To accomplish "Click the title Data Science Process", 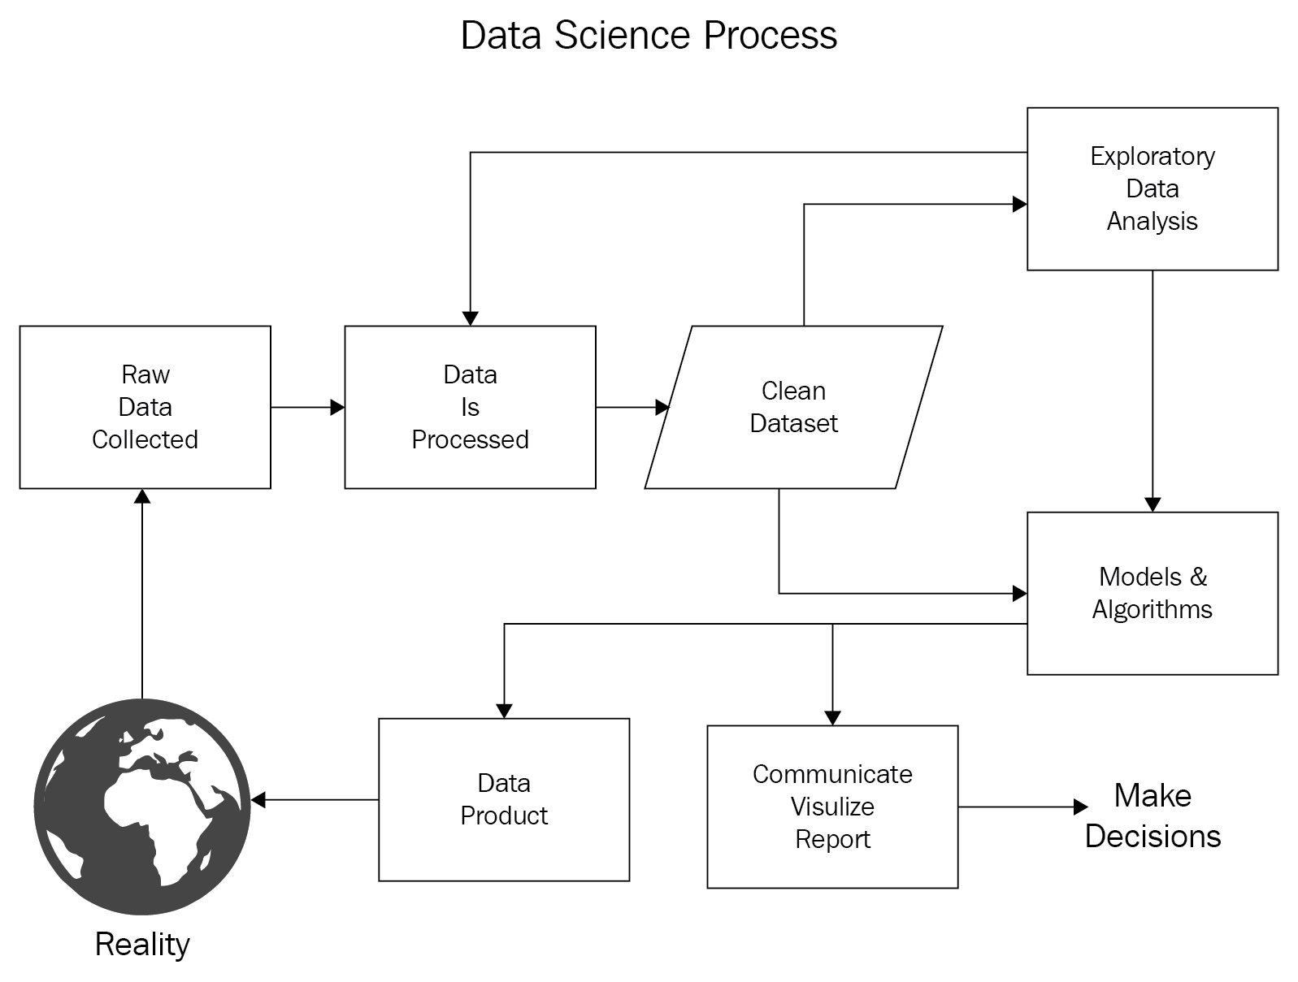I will pyautogui.click(x=649, y=36).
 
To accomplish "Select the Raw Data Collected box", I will pyautogui.click(x=145, y=407).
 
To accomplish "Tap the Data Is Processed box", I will pyautogui.click(x=470, y=407).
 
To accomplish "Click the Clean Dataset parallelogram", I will pyautogui.click(x=793, y=407).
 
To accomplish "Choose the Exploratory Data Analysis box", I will pyautogui.click(x=1152, y=188).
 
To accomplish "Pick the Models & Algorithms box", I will pyautogui.click(x=1152, y=593).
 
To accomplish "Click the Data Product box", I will pyautogui.click(x=504, y=799).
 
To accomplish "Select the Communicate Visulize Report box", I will pyautogui.click(x=832, y=807).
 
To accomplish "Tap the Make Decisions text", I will pyautogui.click(x=1153, y=815).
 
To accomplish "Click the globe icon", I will pyautogui.click(x=142, y=807).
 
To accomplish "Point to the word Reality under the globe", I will pyautogui.click(x=142, y=944).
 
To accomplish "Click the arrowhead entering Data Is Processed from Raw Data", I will pyautogui.click(x=337, y=407).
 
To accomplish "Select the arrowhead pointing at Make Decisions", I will pyautogui.click(x=1080, y=807).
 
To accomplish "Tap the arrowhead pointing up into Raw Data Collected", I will pyautogui.click(x=142, y=496).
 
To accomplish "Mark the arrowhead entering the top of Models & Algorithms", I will pyautogui.click(x=1152, y=504).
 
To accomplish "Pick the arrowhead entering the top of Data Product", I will pyautogui.click(x=504, y=711).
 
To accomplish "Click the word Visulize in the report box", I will pyautogui.click(x=832, y=807).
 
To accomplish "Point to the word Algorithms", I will pyautogui.click(x=1152, y=609).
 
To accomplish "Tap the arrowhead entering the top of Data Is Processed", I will pyautogui.click(x=470, y=318).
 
